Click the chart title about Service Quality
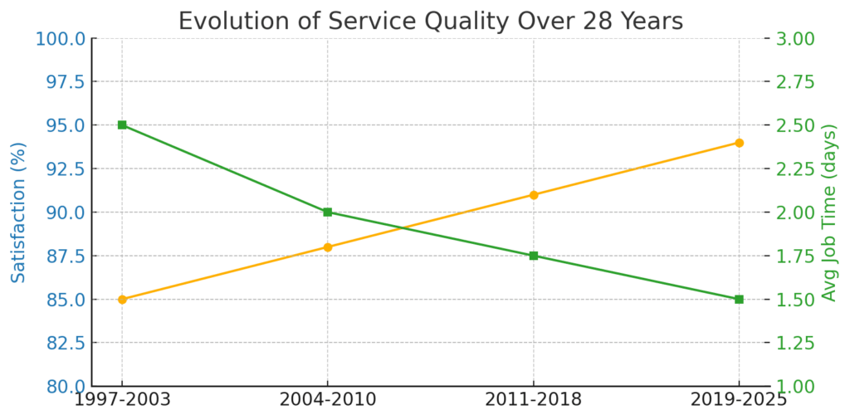[431, 21]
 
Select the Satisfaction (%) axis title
[18, 212]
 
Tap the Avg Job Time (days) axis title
[829, 212]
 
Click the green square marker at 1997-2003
[122, 125]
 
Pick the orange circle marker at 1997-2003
[122, 299]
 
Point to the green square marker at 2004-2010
[328, 212]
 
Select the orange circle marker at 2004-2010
[328, 247]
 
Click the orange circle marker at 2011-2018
[534, 195]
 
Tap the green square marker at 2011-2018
[534, 256]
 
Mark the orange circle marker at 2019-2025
[739, 143]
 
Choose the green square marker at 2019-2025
[739, 299]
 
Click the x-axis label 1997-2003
[122, 400]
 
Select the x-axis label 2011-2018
[534, 400]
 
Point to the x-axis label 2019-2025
[739, 400]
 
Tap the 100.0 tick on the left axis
[60, 38]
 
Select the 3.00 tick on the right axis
[794, 38]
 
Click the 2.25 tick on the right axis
[794, 168]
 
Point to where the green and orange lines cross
[402, 227]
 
